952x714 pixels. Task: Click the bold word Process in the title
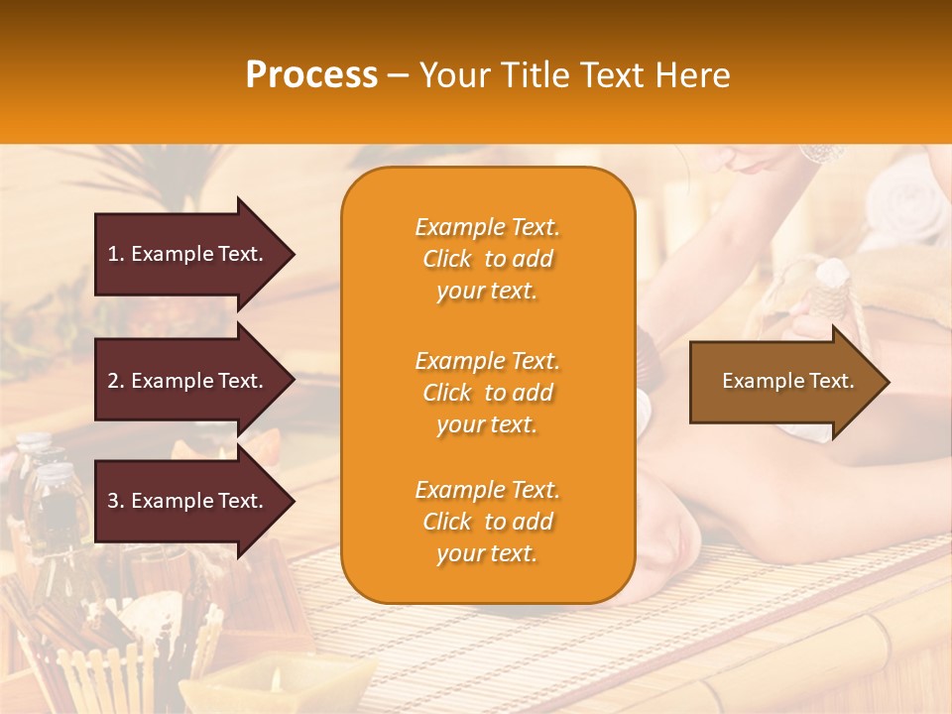click(x=311, y=75)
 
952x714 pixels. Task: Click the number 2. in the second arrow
click(x=115, y=381)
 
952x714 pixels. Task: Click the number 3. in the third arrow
click(x=115, y=501)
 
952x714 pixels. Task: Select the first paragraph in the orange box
click(x=487, y=259)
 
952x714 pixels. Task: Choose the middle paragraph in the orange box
click(x=487, y=393)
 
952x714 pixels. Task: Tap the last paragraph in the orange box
click(x=487, y=522)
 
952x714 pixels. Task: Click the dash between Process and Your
click(x=398, y=76)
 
